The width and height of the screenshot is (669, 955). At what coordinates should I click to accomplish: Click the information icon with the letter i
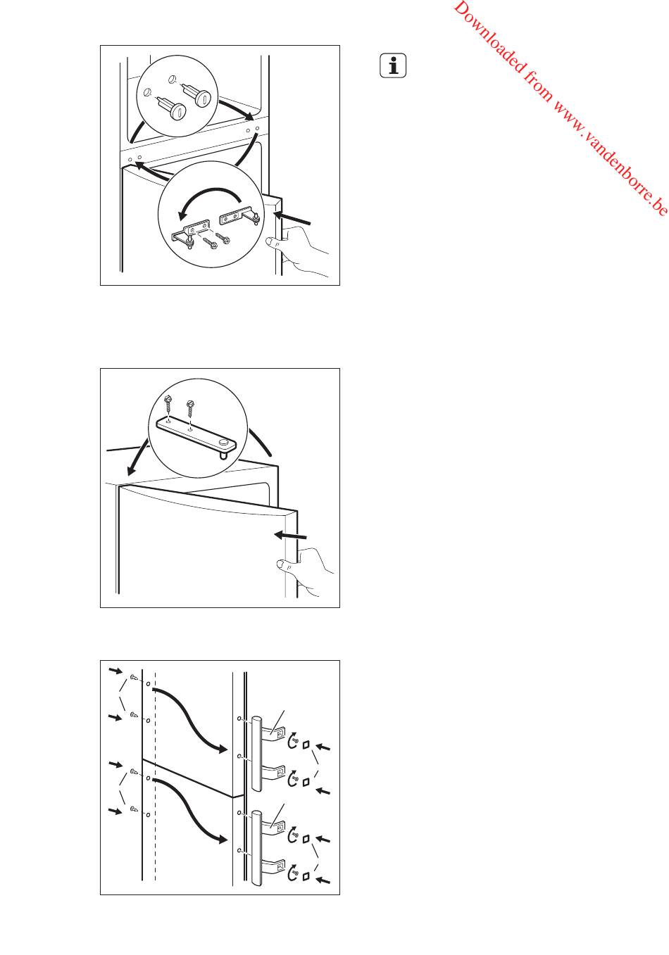point(393,66)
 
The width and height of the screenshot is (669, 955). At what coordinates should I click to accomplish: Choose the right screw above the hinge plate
point(189,410)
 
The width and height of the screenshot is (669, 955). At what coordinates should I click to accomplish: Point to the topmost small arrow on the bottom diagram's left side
point(115,671)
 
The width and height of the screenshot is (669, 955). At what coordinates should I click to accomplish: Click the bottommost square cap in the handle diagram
point(306,877)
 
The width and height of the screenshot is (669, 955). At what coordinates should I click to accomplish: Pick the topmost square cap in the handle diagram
point(306,745)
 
